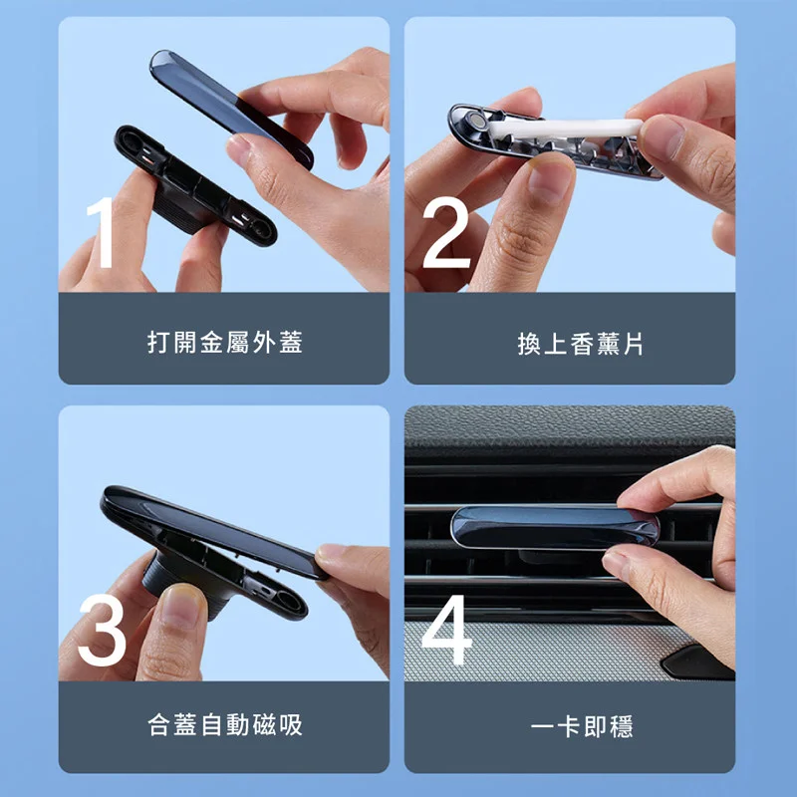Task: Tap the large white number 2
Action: click(446, 232)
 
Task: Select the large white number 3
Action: click(103, 630)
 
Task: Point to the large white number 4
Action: click(446, 630)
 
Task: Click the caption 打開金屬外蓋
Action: click(225, 342)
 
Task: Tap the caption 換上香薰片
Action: click(581, 344)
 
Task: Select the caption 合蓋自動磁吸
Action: click(225, 725)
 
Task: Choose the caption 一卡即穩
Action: click(582, 726)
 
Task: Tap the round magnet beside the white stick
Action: click(478, 121)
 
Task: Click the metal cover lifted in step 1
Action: click(231, 109)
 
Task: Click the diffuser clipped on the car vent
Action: click(555, 527)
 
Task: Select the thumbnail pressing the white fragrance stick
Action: click(661, 137)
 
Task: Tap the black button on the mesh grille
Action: click(697, 662)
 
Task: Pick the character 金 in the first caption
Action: click(211, 342)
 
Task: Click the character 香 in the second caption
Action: click(582, 344)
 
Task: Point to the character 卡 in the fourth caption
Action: click(569, 726)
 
